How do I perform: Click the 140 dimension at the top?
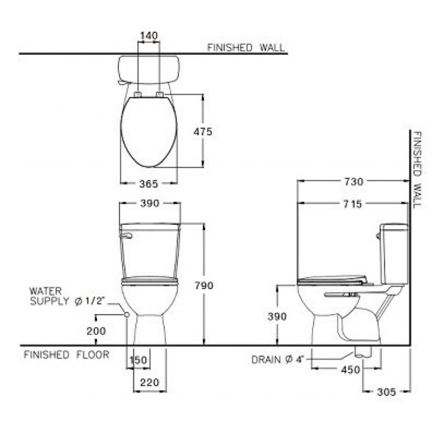[x=149, y=36]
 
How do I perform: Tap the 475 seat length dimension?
[x=203, y=132]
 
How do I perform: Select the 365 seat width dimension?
[x=149, y=184]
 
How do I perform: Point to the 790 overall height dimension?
[x=204, y=286]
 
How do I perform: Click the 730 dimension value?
[x=354, y=182]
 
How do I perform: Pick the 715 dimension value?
[x=352, y=204]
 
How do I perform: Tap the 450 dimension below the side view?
[x=351, y=370]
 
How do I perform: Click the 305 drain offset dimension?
[x=386, y=392]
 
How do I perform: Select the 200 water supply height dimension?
[x=96, y=331]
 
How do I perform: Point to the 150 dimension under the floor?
[x=138, y=360]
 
